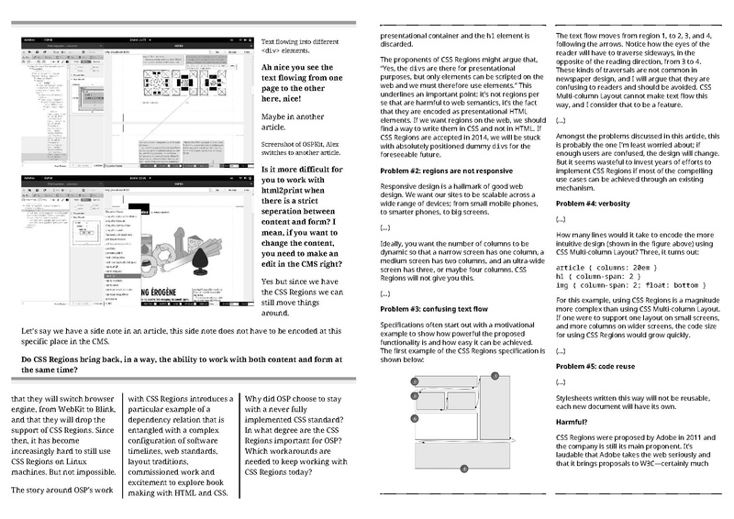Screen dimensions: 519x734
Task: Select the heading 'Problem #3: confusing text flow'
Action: point(434,309)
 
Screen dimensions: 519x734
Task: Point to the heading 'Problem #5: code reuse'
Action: point(603,362)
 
